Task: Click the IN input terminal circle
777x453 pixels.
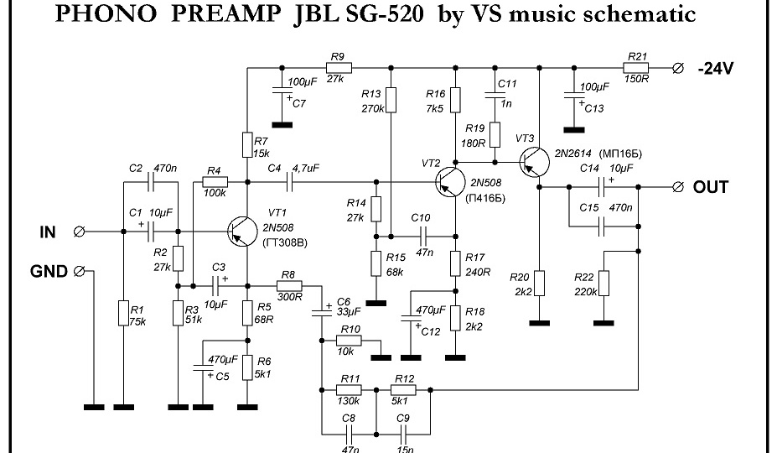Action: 80,232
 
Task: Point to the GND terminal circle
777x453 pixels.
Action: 80,271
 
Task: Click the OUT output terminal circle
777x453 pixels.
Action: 679,186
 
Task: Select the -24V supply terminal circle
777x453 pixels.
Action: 679,68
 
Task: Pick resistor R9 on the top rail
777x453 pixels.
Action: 338,68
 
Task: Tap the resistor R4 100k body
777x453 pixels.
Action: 215,180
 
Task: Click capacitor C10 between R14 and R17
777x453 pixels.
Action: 422,232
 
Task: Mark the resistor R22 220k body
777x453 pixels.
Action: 604,284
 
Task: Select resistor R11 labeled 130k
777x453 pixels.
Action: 349,390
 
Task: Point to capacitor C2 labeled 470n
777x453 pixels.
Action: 152,180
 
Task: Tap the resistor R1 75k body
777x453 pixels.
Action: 123,314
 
